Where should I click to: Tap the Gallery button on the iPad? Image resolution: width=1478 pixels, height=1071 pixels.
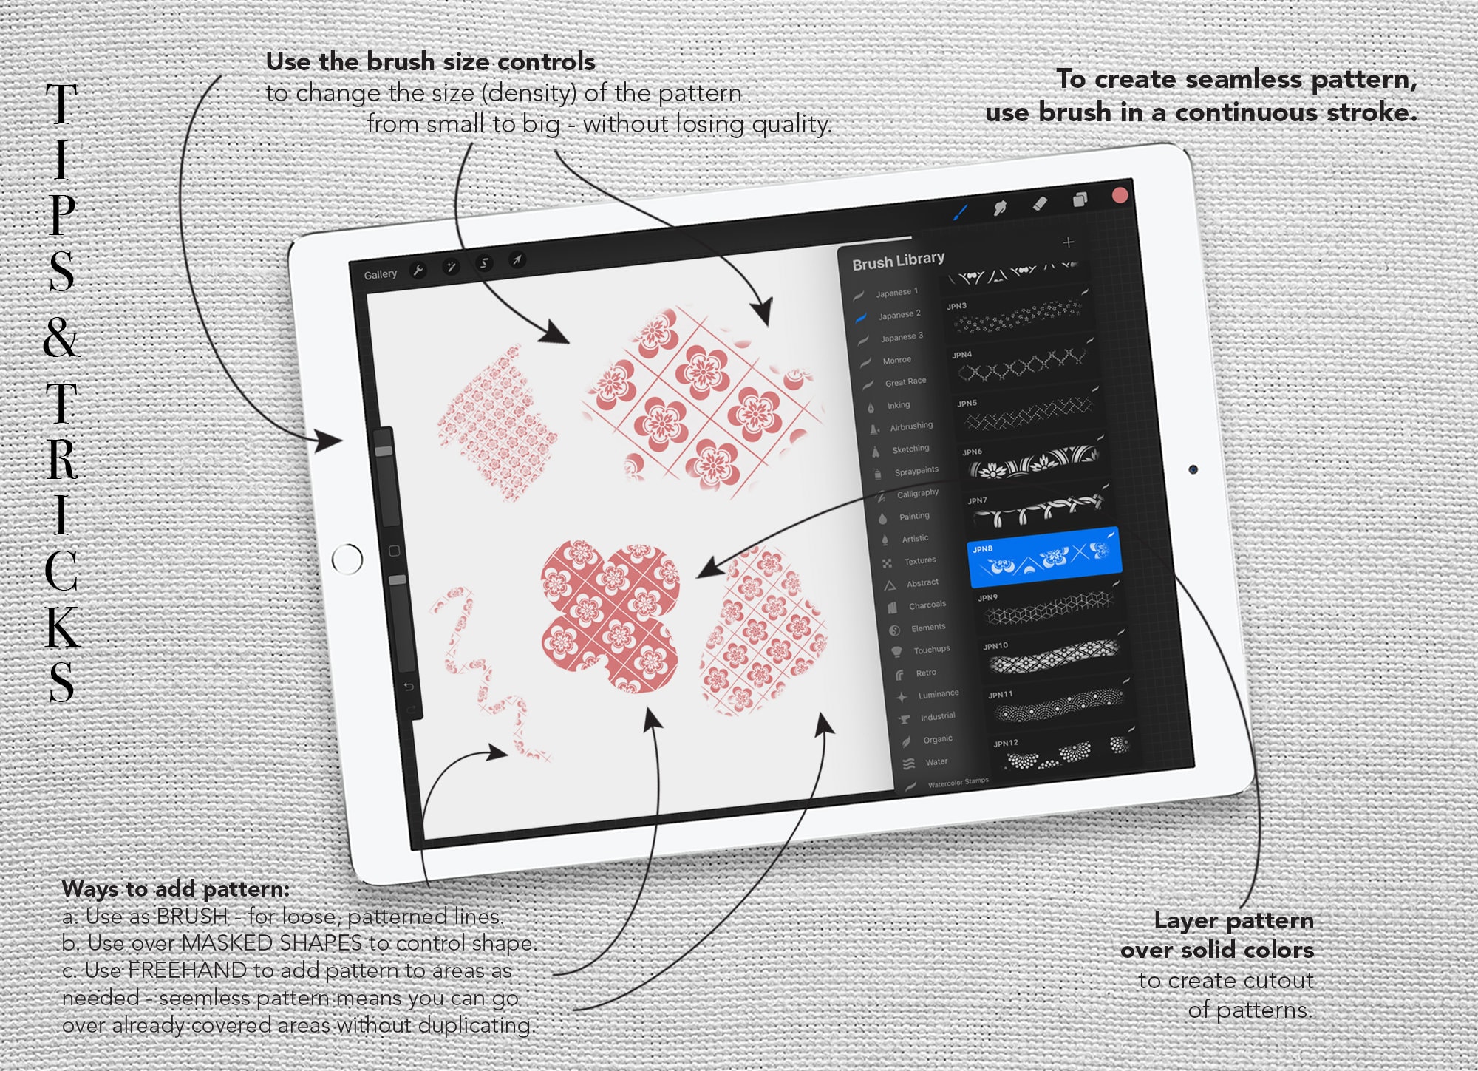380,274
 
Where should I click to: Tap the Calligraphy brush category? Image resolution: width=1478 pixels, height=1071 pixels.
917,493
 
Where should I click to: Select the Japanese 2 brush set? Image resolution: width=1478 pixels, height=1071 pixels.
899,315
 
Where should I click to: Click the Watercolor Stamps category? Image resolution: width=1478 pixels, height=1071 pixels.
958,782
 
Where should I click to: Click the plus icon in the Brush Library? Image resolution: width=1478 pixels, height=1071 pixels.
1068,242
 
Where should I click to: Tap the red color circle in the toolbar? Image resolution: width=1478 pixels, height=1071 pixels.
1120,195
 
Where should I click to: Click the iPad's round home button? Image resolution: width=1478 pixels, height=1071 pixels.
347,559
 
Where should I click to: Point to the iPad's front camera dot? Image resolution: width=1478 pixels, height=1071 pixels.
1193,469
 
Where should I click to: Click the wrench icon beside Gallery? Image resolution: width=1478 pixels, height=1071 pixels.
418,271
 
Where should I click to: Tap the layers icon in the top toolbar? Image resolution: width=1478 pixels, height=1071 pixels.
1080,200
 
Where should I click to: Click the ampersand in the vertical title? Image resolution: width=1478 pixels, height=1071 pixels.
61,339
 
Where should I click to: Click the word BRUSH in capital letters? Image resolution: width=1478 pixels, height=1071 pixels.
191,917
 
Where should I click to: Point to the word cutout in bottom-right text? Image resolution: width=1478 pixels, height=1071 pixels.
1277,981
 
